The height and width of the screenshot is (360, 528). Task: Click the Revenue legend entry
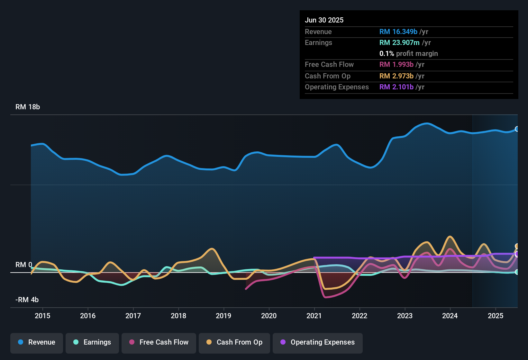pos(37,342)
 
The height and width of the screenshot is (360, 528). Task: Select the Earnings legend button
pos(92,342)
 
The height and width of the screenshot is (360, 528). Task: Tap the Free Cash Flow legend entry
pos(159,342)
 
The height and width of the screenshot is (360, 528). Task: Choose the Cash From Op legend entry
pos(234,342)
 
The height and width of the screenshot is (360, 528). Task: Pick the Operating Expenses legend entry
pos(318,342)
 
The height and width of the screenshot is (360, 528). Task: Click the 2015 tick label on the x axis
pos(42,316)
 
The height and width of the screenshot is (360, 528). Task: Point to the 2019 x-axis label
pos(223,316)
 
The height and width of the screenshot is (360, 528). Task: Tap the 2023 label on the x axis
pos(405,316)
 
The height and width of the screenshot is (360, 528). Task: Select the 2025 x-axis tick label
pos(496,316)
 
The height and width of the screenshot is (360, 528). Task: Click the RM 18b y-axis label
pos(28,107)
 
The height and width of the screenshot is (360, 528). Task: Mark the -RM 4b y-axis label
pos(27,300)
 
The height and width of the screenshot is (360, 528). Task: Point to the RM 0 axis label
pos(24,265)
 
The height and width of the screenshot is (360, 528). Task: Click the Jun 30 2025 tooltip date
pos(324,20)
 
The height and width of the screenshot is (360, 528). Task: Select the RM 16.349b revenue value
pos(398,32)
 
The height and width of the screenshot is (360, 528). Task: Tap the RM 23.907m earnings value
pos(399,43)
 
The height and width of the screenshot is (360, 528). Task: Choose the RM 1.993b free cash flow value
pos(396,65)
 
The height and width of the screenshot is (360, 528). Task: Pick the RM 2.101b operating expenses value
pos(396,87)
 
